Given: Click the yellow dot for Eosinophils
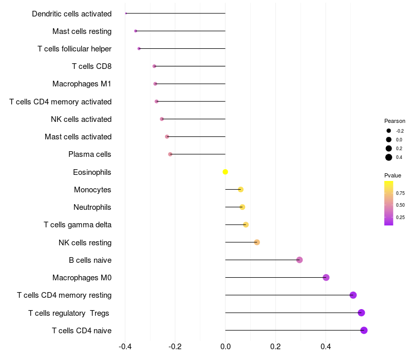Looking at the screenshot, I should click(x=225, y=172).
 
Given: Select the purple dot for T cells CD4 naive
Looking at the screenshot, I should click(x=364, y=330).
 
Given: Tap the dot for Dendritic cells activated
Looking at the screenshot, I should click(x=126, y=13).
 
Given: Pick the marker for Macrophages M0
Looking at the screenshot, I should click(x=326, y=278).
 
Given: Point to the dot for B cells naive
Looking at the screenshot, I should click(x=300, y=260).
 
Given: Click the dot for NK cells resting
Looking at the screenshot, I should click(x=257, y=242).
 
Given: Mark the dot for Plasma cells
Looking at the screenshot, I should click(x=170, y=154).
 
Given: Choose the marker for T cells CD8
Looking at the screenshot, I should click(x=154, y=66).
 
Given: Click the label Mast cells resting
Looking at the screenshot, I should click(x=82, y=31).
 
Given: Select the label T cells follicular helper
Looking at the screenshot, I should click(x=74, y=49).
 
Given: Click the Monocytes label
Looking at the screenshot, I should click(x=92, y=190).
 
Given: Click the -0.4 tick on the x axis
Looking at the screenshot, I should click(x=125, y=347).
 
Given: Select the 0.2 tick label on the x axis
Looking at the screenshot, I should click(x=275, y=347).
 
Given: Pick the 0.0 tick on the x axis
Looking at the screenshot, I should click(x=226, y=347).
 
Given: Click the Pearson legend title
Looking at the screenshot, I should click(x=395, y=121).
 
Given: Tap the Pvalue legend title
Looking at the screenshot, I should click(x=393, y=175).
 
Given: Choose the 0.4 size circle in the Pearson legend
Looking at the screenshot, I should click(x=389, y=157).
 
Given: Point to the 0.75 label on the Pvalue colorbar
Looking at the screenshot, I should click(x=400, y=193).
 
